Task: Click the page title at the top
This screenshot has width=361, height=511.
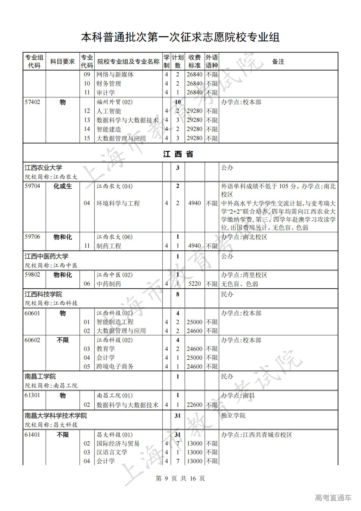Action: [180, 37]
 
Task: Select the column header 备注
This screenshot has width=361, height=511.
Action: [278, 61]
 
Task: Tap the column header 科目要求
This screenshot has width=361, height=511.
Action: [63, 61]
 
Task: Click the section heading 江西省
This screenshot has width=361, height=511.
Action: [178, 154]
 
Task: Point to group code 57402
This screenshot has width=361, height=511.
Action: [32, 102]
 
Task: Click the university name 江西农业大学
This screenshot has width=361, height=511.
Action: [43, 167]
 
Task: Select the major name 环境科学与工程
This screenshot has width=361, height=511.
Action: [118, 203]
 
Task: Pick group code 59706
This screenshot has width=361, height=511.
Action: [32, 237]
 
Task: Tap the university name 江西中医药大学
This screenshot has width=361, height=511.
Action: [46, 256]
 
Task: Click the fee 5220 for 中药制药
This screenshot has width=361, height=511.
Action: [195, 284]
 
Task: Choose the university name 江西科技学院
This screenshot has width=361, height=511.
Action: [43, 294]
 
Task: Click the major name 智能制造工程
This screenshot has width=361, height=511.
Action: [115, 322]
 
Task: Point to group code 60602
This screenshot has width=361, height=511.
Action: [32, 340]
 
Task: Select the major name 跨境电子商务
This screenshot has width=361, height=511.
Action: [115, 366]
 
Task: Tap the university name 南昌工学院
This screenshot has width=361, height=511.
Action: [40, 376]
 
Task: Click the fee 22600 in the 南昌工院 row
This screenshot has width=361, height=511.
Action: [195, 405]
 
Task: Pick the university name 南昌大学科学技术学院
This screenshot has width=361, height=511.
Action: [56, 416]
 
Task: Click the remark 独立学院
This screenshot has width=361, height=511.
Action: [233, 416]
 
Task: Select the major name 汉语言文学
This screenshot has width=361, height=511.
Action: [112, 452]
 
